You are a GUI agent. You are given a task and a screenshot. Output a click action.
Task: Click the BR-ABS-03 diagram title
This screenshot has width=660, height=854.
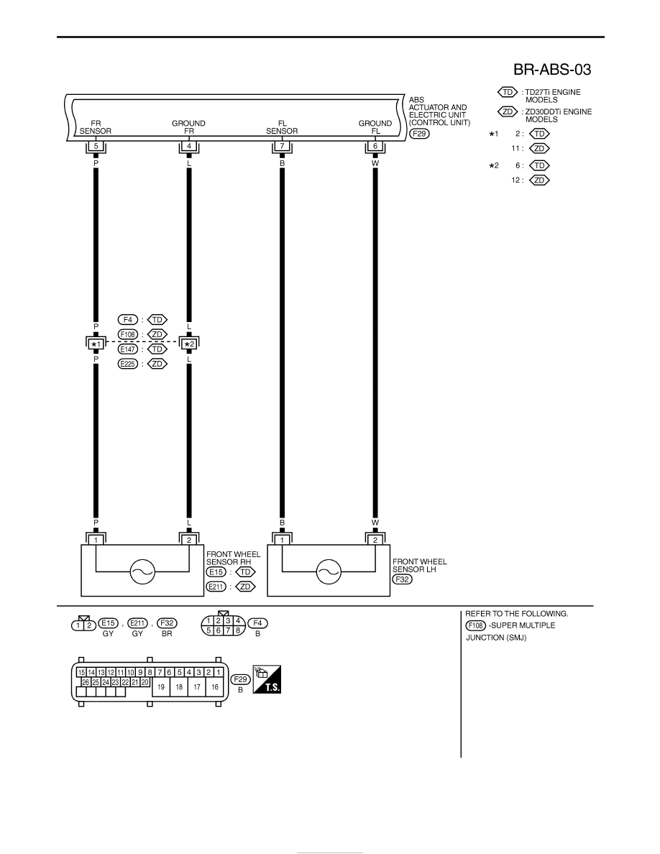(x=551, y=70)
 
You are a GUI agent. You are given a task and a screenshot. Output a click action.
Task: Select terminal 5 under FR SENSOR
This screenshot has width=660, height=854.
(x=96, y=146)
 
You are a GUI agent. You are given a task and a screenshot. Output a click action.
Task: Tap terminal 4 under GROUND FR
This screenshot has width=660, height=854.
(x=189, y=146)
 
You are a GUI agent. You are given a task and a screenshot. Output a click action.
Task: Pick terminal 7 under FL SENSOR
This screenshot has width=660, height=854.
(x=282, y=146)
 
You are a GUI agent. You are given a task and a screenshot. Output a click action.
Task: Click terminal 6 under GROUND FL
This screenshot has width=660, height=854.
(x=375, y=146)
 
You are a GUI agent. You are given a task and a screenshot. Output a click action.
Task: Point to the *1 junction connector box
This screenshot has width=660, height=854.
(x=96, y=344)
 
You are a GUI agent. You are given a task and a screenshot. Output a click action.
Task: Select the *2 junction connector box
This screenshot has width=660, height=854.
(x=189, y=344)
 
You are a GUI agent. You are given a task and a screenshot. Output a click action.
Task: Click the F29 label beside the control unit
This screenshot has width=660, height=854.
(x=419, y=134)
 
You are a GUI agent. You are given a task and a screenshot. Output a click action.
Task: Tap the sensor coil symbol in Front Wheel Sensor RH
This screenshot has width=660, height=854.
(x=142, y=572)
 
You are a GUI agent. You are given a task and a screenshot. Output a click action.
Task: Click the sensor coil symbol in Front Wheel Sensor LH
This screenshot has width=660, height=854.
(x=329, y=572)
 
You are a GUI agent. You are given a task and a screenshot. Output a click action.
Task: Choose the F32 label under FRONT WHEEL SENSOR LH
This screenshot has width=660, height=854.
(x=402, y=579)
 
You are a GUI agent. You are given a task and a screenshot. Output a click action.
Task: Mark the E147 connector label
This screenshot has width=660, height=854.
(x=128, y=349)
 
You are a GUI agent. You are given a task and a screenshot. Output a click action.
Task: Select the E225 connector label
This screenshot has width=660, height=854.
(x=128, y=364)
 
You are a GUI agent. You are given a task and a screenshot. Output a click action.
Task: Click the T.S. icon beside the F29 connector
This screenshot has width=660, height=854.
(x=267, y=679)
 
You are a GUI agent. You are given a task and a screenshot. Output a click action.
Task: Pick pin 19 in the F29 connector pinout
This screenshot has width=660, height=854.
(x=161, y=687)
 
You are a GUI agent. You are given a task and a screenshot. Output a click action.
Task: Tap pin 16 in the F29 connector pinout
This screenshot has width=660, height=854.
(x=215, y=687)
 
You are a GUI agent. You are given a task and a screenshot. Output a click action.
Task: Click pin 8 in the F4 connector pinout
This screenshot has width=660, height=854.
(x=238, y=630)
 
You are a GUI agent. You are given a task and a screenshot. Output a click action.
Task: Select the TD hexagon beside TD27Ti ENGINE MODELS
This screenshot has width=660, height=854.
(x=508, y=92)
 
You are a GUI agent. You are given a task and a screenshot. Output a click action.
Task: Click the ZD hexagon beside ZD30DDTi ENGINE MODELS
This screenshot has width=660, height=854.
(x=508, y=111)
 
